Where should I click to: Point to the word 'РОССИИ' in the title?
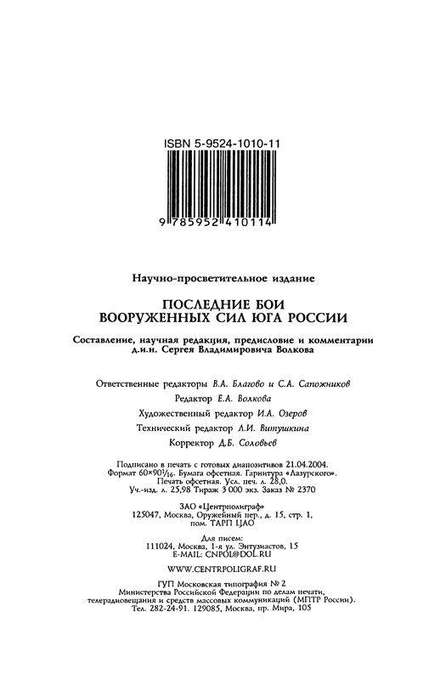point(311,320)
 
